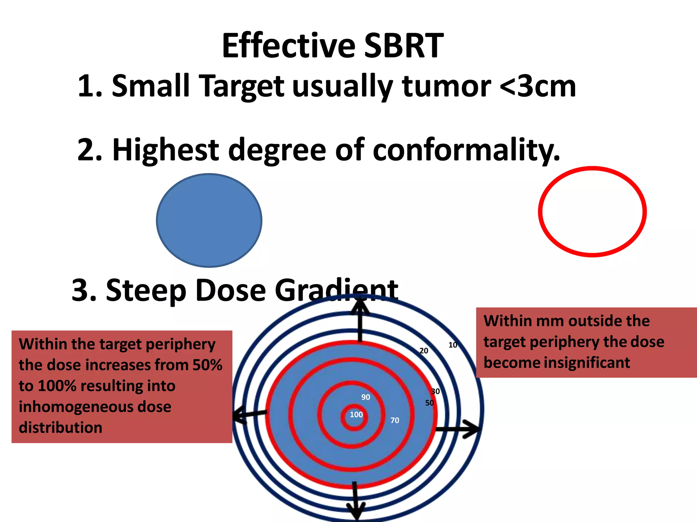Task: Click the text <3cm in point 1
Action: [537, 86]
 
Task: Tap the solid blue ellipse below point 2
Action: [209, 220]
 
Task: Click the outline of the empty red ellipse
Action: [540, 211]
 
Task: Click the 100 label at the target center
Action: [356, 415]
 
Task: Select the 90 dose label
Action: [366, 397]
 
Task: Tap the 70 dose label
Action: [394, 420]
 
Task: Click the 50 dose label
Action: [429, 403]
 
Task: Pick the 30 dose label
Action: [435, 391]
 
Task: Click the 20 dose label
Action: [424, 351]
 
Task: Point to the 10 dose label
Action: [453, 345]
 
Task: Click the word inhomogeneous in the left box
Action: [95, 407]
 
